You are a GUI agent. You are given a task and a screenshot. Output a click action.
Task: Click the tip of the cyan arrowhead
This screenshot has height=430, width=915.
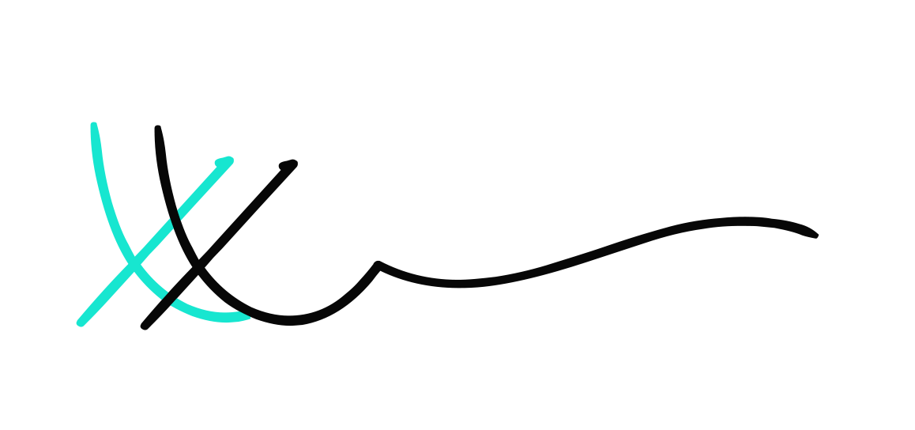coord(231,159)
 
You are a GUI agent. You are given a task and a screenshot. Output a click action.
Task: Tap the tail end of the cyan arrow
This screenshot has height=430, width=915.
coord(80,322)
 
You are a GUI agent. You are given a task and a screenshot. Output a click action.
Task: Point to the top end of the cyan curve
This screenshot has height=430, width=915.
coord(94,125)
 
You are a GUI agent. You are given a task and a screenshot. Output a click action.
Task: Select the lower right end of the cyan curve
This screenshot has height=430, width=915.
coord(247,317)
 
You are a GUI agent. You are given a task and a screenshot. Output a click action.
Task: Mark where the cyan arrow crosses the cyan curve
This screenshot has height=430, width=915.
coord(135,262)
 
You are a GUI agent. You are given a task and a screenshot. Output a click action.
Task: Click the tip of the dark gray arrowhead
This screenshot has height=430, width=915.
coord(295,163)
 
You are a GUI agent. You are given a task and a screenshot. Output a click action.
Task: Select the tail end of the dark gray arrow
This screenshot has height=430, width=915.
coord(144,325)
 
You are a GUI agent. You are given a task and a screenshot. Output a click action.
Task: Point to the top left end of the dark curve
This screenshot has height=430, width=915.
coord(158,128)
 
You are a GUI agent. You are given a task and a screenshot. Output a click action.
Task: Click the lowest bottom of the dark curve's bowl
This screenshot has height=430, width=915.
coord(289,321)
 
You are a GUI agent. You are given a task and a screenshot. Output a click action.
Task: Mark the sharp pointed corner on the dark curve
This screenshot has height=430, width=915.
coord(378,264)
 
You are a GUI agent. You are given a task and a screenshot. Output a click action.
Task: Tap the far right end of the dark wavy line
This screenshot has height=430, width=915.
coord(815,234)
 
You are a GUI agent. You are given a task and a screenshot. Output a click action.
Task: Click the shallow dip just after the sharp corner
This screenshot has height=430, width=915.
coord(458,283)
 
